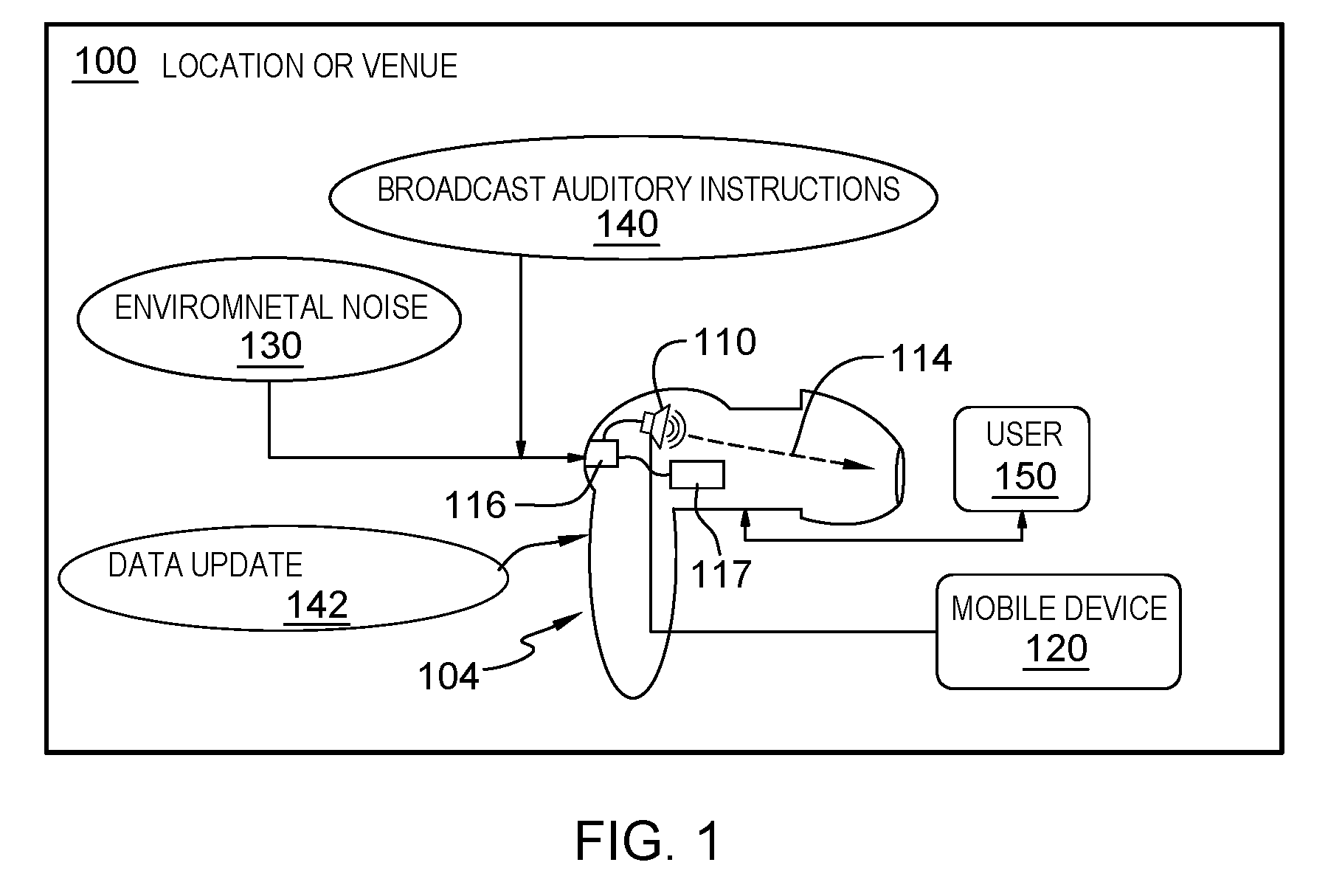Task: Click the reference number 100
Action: [105, 62]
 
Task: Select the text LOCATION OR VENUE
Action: [309, 66]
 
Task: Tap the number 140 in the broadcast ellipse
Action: [626, 224]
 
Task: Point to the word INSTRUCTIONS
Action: [799, 190]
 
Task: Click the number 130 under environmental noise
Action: [271, 345]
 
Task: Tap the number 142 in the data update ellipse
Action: [317, 605]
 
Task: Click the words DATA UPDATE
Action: [205, 565]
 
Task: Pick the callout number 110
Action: [725, 342]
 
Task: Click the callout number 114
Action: [921, 359]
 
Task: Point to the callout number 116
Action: [475, 506]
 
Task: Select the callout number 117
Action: [721, 573]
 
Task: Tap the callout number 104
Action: [449, 675]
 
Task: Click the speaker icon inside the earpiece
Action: [662, 427]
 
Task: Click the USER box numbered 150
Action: [1022, 458]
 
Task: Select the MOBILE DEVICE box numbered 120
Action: [1058, 632]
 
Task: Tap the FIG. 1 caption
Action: [648, 841]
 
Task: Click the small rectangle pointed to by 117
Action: [697, 475]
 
